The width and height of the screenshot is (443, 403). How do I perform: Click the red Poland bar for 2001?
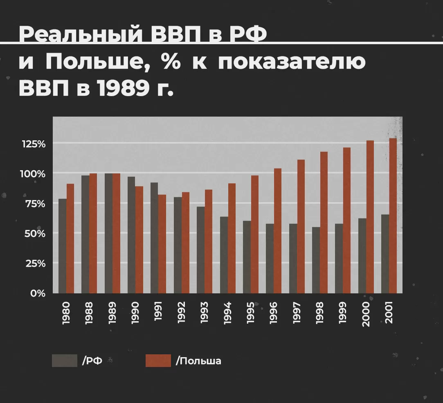[x=393, y=216]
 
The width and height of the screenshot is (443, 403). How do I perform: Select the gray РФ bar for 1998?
[x=316, y=260]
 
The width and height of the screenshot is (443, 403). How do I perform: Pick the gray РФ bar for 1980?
[x=62, y=246]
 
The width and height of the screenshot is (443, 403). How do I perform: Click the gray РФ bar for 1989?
[x=108, y=233]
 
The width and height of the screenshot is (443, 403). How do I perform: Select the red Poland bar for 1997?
[x=301, y=226]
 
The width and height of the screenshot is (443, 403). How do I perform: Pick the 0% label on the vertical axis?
[x=38, y=293]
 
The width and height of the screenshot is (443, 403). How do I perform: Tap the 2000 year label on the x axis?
[x=366, y=314]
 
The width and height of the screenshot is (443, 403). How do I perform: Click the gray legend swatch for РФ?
[x=64, y=360]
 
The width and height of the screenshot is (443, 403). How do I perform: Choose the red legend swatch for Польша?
[x=158, y=360]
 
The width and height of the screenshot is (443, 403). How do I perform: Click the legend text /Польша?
[x=198, y=361]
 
